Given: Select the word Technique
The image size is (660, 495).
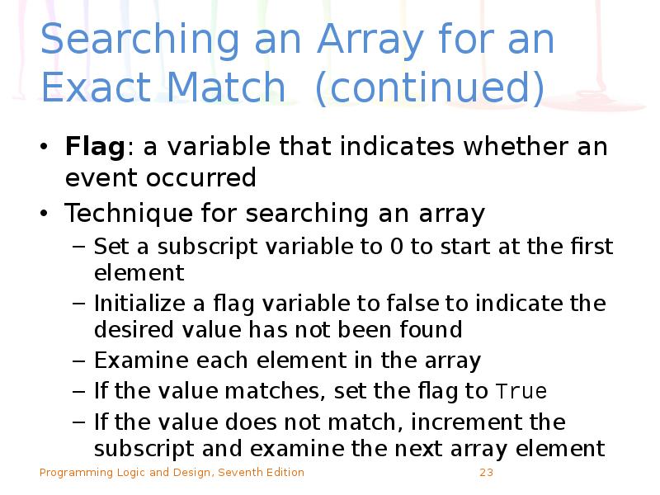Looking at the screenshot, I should [127, 214].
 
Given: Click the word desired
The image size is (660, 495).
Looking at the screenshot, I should [131, 330].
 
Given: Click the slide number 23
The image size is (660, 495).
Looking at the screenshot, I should [486, 473].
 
